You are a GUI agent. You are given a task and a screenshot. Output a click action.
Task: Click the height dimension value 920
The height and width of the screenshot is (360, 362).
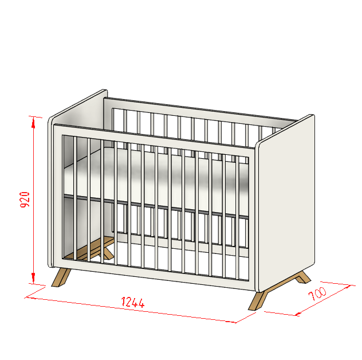point(25,199)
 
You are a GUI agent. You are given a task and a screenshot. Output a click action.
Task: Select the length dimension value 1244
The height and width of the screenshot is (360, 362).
point(133,302)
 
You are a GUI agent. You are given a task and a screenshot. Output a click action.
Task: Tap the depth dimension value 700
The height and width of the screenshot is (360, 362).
point(317,294)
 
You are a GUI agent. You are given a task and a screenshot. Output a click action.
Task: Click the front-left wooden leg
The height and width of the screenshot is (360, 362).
point(61,277)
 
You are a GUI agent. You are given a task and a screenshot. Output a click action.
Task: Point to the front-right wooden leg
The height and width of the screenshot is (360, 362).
point(257,300)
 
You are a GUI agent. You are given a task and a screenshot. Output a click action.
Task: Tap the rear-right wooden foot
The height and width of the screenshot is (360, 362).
point(303,277)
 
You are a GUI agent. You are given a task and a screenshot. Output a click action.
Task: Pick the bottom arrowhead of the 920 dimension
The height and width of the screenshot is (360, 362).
point(33,278)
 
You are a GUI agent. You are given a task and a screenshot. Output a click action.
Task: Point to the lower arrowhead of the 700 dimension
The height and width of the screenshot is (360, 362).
point(298,314)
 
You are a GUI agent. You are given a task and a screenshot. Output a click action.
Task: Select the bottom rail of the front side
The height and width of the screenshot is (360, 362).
point(155,275)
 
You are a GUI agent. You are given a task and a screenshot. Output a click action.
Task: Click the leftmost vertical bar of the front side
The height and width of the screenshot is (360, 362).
point(75,199)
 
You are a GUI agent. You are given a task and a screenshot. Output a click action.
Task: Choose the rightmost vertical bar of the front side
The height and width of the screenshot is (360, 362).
point(237,218)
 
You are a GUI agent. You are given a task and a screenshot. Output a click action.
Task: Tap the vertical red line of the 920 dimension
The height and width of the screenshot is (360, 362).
point(33,200)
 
